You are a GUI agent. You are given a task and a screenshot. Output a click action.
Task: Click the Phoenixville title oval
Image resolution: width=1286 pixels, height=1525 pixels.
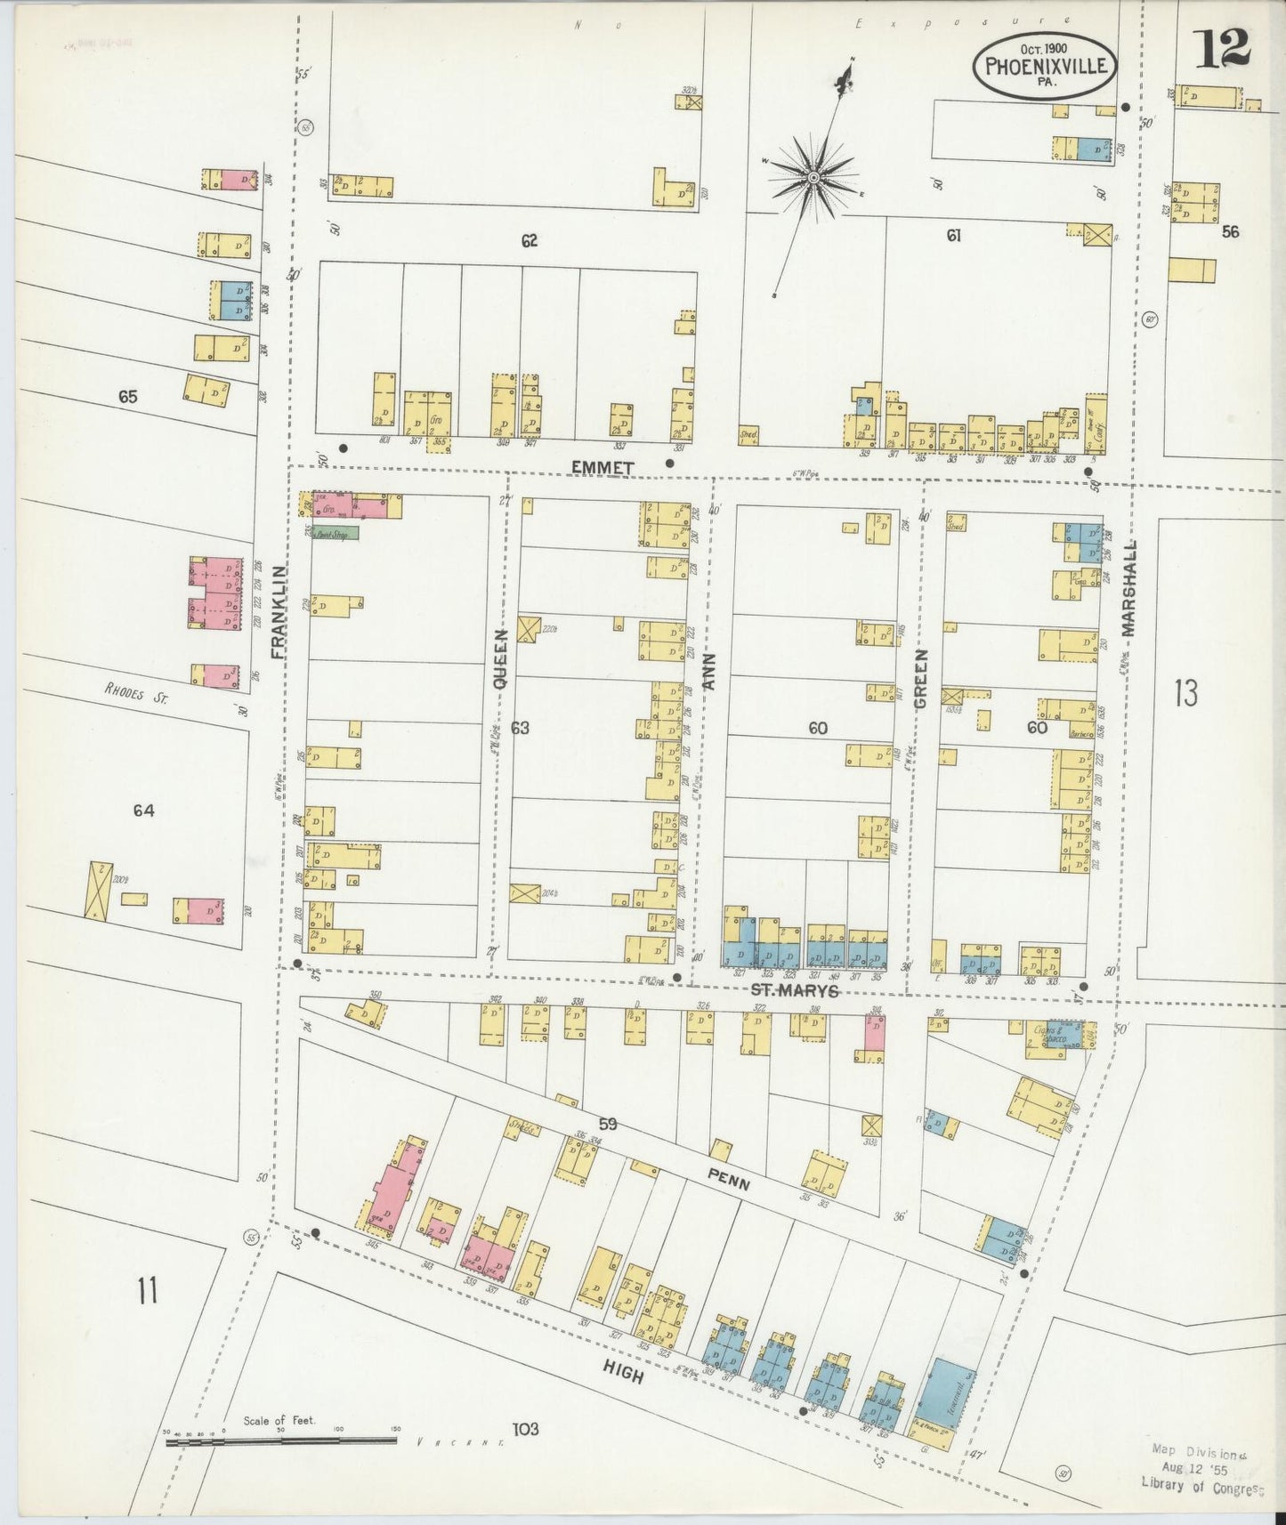click(1046, 68)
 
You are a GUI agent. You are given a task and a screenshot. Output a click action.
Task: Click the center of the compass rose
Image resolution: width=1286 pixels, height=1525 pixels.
click(813, 179)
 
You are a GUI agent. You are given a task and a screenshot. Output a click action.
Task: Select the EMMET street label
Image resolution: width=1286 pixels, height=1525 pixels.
click(602, 467)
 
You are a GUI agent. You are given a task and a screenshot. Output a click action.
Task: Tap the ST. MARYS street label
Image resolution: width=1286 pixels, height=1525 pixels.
click(794, 991)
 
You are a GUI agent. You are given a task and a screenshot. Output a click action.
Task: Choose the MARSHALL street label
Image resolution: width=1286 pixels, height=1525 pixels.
click(1129, 587)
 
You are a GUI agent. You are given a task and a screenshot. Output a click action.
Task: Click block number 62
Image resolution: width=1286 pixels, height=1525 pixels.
click(530, 240)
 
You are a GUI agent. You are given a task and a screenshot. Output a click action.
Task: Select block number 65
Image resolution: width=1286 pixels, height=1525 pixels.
click(127, 397)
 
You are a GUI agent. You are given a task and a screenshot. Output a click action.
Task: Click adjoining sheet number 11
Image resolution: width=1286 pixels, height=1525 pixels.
click(147, 1288)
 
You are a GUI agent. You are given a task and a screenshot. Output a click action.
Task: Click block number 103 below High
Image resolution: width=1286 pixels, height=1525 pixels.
click(525, 1430)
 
